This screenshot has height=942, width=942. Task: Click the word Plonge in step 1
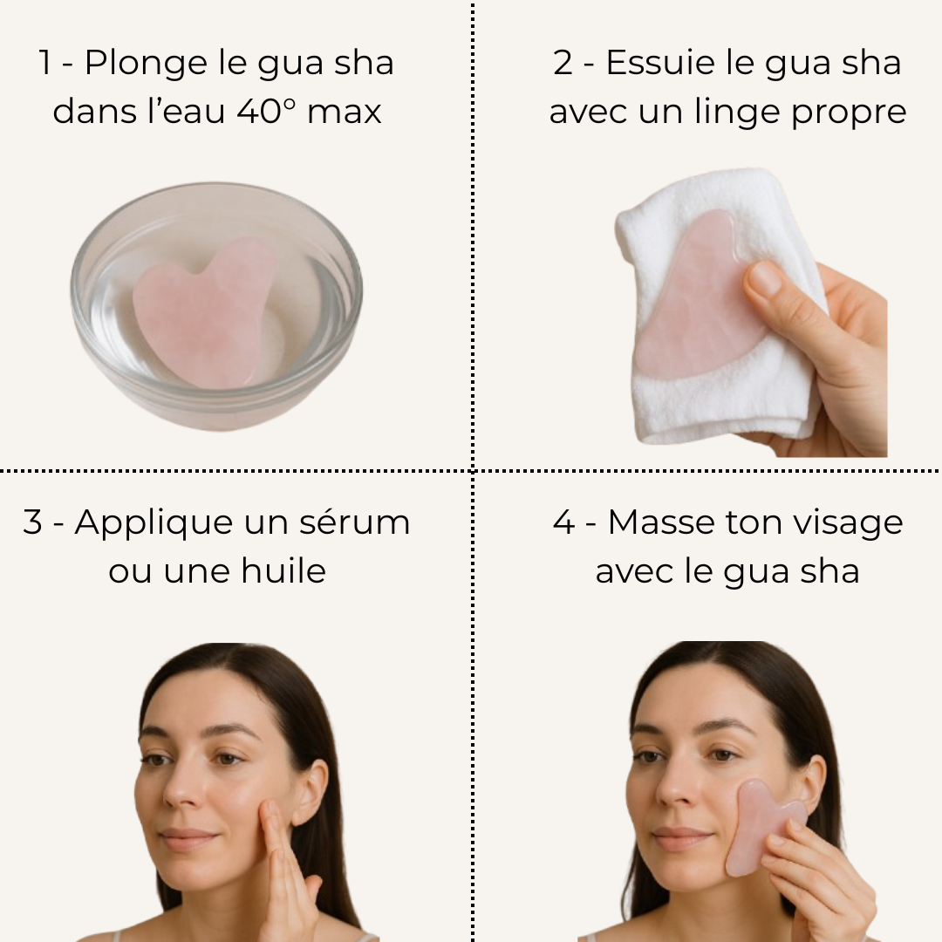(146, 64)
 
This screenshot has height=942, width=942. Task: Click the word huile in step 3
(283, 570)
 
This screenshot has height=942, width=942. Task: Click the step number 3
(32, 522)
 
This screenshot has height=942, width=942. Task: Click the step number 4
(563, 522)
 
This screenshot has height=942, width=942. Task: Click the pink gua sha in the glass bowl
(203, 311)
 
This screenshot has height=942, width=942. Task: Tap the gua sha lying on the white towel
(698, 295)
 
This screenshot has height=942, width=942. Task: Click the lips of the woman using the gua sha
(678, 839)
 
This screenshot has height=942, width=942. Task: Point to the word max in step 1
(345, 112)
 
